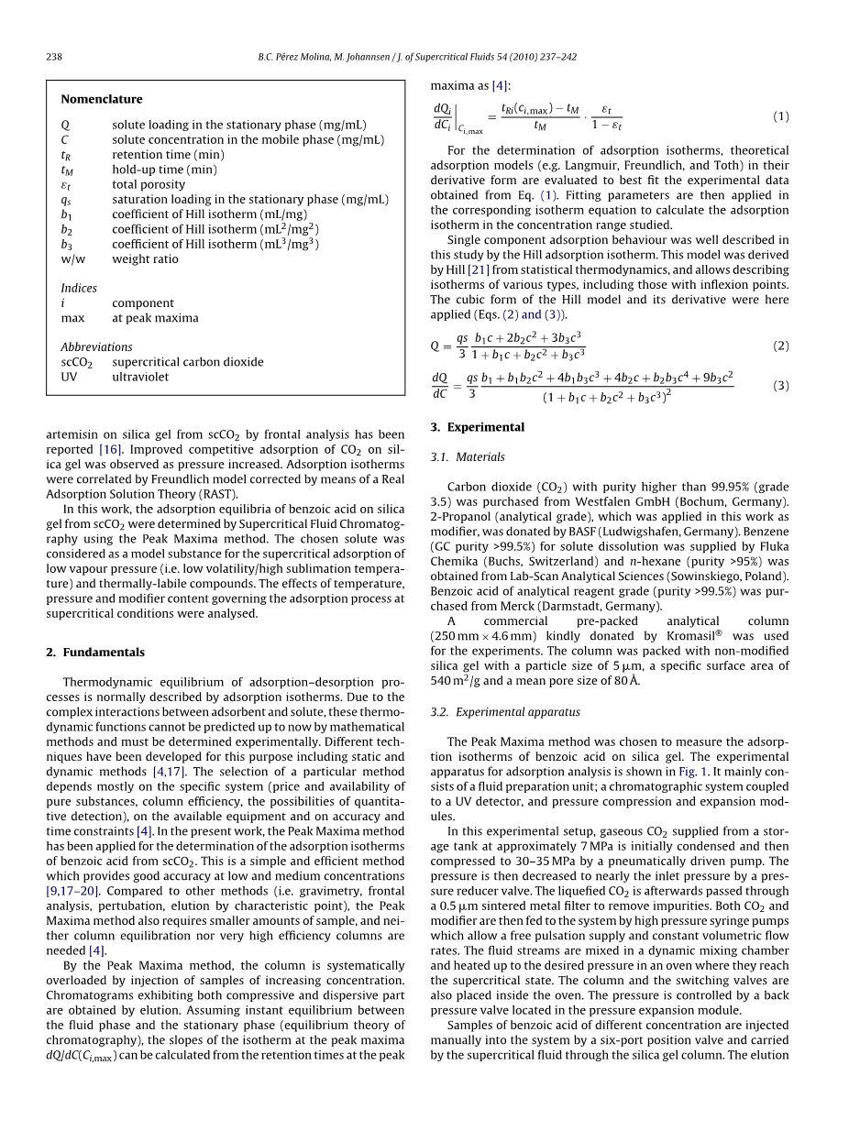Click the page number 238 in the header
pyautogui.click(x=54, y=57)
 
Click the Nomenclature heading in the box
pyautogui.click(x=102, y=99)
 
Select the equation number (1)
pyautogui.click(x=780, y=116)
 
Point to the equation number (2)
pyautogui.click(x=780, y=346)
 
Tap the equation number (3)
pyautogui.click(x=780, y=386)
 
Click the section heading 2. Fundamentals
pyautogui.click(x=95, y=653)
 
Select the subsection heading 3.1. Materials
pyautogui.click(x=468, y=457)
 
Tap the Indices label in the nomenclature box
pyautogui.click(x=79, y=288)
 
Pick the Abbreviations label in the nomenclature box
pyautogui.click(x=96, y=347)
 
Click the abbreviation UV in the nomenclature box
pyautogui.click(x=70, y=377)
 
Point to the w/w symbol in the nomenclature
pyautogui.click(x=73, y=258)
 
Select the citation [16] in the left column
pyautogui.click(x=110, y=449)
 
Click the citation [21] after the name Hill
pyautogui.click(x=478, y=269)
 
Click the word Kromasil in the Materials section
pyautogui.click(x=711, y=636)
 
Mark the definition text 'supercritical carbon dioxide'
pyautogui.click(x=188, y=362)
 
